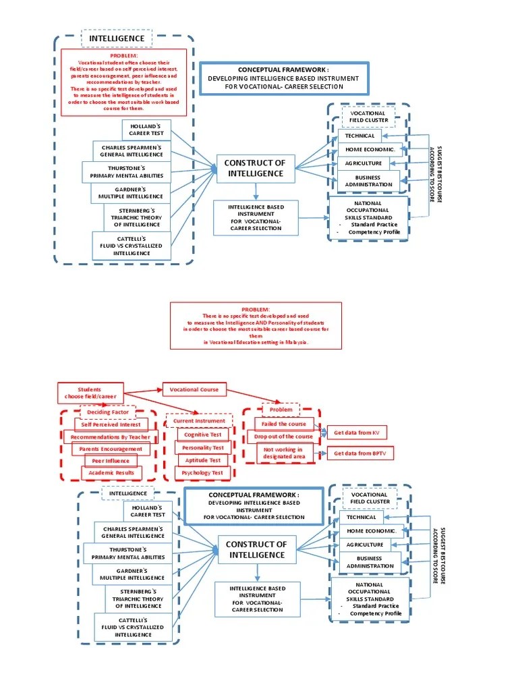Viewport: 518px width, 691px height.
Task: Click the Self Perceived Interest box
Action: (111, 424)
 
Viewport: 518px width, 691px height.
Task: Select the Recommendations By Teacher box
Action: (110, 437)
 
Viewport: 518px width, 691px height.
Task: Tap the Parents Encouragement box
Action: (111, 449)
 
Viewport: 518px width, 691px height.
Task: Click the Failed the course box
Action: (284, 424)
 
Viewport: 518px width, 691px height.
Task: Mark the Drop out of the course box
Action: (284, 437)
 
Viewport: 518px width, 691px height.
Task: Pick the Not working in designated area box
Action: (284, 453)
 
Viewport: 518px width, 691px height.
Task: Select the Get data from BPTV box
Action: (359, 453)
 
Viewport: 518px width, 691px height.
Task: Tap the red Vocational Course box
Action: (194, 389)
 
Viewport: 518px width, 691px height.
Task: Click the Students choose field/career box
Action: (89, 393)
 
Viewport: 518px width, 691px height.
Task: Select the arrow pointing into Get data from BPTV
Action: (320, 453)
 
